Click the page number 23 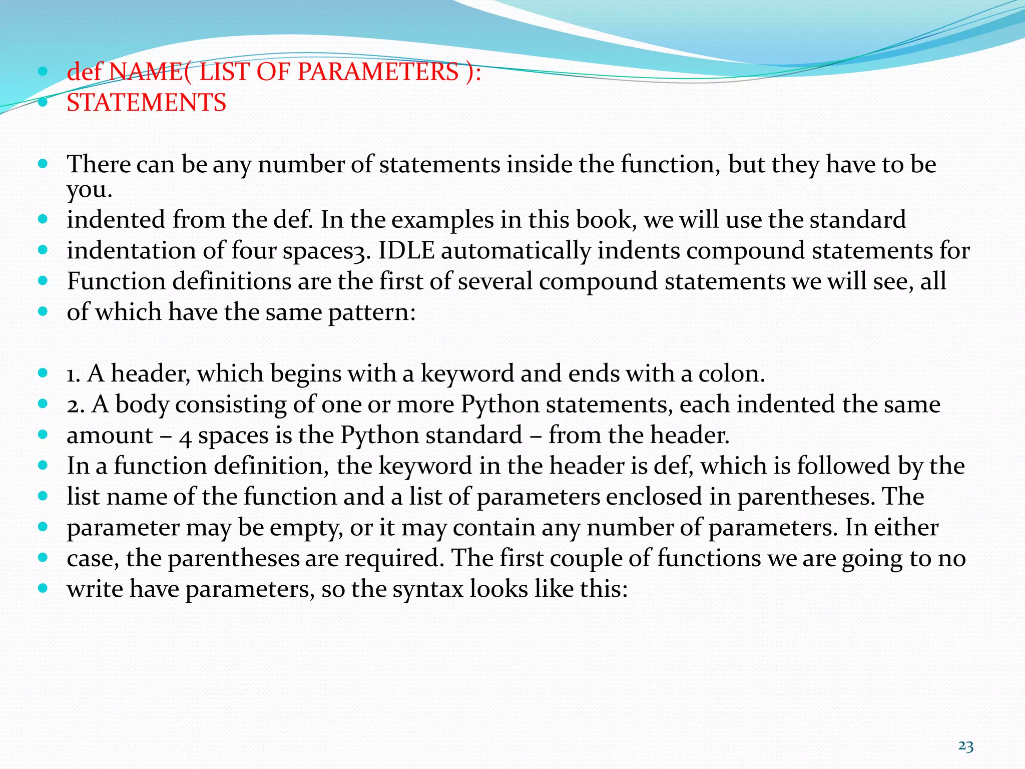(965, 746)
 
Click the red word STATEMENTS (146, 103)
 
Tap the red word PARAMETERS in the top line (378, 72)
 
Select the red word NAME (146, 72)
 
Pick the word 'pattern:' (372, 312)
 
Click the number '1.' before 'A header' (74, 374)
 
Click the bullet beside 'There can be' (43, 164)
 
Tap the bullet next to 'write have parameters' (43, 588)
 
